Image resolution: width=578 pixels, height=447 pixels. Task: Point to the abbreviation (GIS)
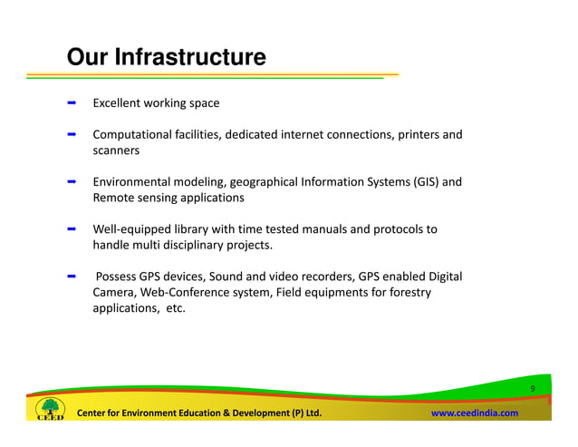click(x=431, y=182)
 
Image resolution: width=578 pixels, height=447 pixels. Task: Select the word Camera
click(x=115, y=292)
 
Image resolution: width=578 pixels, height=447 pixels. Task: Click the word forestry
click(x=406, y=292)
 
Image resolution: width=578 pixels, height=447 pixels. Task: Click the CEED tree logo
click(x=50, y=410)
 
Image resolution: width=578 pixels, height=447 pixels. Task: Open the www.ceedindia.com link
click(x=474, y=413)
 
